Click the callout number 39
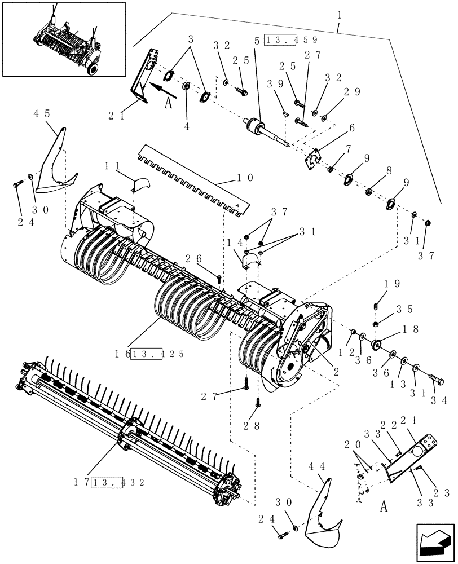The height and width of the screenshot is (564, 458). coord(275,84)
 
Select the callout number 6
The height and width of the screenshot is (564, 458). coord(351,128)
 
